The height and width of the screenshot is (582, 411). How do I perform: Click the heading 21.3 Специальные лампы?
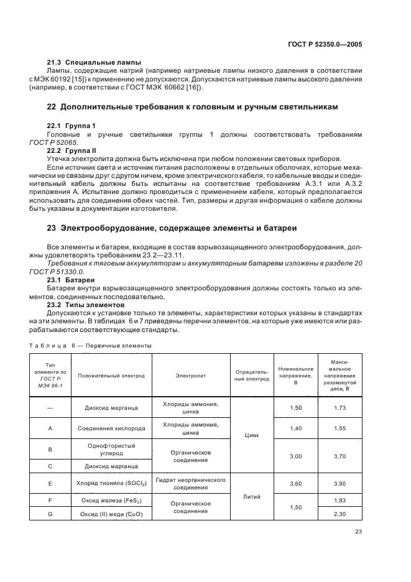(94, 62)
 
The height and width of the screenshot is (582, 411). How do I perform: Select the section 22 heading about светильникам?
(193, 107)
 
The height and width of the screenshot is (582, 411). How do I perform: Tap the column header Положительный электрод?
(111, 376)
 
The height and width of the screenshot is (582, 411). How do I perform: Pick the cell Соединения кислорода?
(111, 428)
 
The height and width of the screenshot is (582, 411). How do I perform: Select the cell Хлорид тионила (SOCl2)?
(111, 483)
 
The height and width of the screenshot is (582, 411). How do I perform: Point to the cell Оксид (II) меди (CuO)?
(111, 514)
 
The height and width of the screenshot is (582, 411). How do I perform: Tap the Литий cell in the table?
(252, 497)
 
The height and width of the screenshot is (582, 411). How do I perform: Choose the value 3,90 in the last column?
(339, 483)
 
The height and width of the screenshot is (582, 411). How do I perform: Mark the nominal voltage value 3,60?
(295, 483)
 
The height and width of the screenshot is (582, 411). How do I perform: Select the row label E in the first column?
(50, 483)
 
